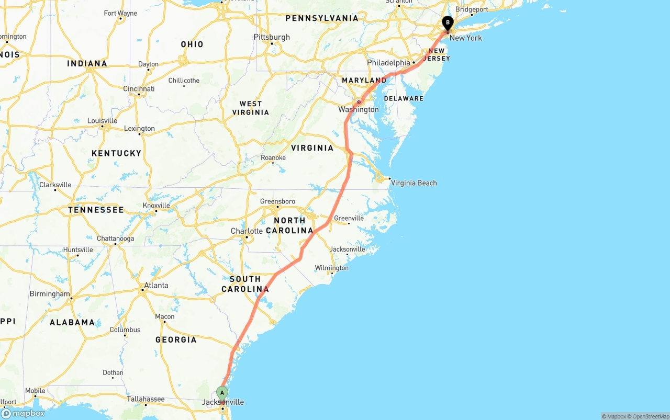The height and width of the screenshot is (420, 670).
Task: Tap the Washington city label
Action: pyautogui.click(x=358, y=109)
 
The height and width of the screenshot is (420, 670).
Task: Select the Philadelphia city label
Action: pyautogui.click(x=388, y=63)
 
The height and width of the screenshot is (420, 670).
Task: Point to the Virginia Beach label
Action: pyautogui.click(x=414, y=183)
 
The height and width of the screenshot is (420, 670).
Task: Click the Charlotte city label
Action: pyautogui.click(x=247, y=231)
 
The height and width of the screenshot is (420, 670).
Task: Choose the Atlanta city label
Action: pyautogui.click(x=156, y=286)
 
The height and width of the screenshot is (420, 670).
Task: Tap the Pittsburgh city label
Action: pyautogui.click(x=272, y=37)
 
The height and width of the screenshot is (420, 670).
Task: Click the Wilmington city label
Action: pyautogui.click(x=331, y=268)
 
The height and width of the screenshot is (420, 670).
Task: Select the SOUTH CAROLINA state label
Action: pyautogui.click(x=245, y=284)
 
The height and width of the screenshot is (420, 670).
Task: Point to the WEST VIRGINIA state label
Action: pyautogui.click(x=251, y=108)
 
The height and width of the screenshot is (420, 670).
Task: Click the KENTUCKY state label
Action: pyautogui.click(x=116, y=153)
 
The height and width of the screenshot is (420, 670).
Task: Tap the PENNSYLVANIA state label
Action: pyautogui.click(x=322, y=18)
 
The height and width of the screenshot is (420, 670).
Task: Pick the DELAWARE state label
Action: pyautogui.click(x=404, y=98)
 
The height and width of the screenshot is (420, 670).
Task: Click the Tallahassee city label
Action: pyautogui.click(x=146, y=399)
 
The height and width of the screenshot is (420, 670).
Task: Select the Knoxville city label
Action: pyautogui.click(x=157, y=206)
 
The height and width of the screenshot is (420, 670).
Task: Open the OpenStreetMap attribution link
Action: pyautogui.click(x=649, y=416)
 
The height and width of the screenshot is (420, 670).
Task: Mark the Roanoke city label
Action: pyautogui.click(x=273, y=158)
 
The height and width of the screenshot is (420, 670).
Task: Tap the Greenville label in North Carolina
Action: pyautogui.click(x=349, y=218)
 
